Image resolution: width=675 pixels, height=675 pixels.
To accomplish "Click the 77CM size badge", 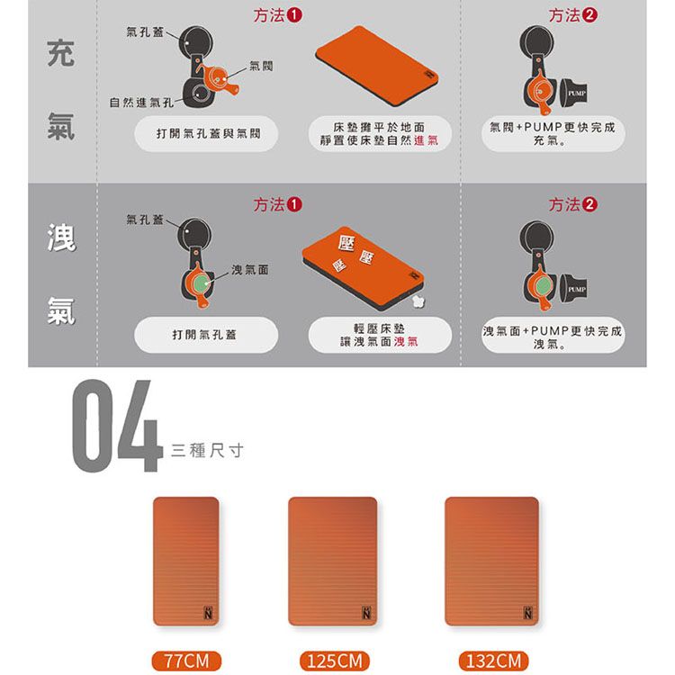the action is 186,661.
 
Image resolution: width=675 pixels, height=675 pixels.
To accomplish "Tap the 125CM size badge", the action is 335,661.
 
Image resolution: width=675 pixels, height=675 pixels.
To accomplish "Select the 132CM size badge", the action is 493,661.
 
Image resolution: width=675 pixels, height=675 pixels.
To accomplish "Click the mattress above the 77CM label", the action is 186,561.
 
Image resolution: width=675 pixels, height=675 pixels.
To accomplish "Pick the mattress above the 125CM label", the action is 332,561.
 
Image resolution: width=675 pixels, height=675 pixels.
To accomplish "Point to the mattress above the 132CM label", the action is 491,561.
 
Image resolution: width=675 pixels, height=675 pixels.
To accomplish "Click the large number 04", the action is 117,426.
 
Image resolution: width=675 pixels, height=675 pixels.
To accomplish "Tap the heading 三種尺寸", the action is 207,451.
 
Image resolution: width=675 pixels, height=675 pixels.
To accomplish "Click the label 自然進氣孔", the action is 141,103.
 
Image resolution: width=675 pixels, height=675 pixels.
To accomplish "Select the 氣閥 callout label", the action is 261,66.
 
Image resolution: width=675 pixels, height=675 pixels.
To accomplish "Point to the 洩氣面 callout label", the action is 250,269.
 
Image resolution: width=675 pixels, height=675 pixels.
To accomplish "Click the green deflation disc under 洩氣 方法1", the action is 201,283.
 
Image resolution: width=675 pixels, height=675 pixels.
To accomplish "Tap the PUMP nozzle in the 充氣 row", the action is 573,93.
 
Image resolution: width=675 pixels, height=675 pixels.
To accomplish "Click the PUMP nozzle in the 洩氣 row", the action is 573,289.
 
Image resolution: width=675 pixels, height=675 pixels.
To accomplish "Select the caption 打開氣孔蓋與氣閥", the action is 209,133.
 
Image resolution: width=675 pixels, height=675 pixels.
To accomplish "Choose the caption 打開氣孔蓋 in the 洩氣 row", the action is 204,335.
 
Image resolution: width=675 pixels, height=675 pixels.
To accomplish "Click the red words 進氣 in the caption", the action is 427,140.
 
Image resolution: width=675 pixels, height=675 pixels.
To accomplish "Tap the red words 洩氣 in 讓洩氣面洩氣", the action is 406,342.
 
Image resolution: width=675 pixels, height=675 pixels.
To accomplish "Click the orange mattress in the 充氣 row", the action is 377,66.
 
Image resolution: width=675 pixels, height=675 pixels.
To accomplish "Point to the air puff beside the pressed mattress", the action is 417,301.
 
